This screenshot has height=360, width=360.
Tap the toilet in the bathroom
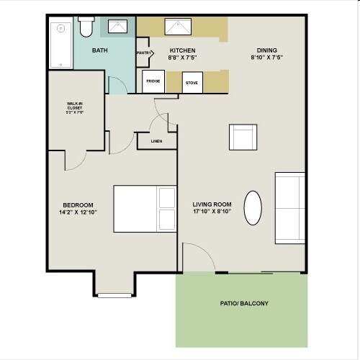pyautogui.click(x=86, y=27)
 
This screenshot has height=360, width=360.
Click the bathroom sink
pyautogui.click(x=118, y=27)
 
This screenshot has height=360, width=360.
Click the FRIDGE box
pyautogui.click(x=153, y=81)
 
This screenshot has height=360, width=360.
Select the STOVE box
pyautogui.click(x=192, y=83)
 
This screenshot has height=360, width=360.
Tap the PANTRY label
pyautogui.click(x=143, y=53)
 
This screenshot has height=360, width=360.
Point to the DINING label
pyautogui.click(x=263, y=50)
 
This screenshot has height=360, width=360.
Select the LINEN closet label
pyautogui.click(x=156, y=141)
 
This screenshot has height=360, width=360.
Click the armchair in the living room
pyautogui.click(x=243, y=137)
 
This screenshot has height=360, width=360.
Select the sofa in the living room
pyautogui.click(x=290, y=207)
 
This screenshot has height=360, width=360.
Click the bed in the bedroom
pyautogui.click(x=145, y=209)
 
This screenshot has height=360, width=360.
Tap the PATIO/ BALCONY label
pyautogui.click(x=244, y=303)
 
